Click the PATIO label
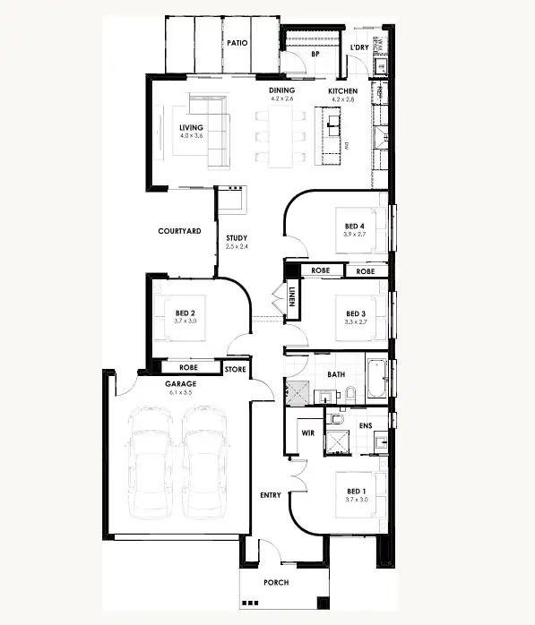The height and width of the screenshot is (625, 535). (x=237, y=42)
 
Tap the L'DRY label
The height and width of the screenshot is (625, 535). (x=358, y=47)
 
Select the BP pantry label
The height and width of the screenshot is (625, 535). (x=315, y=55)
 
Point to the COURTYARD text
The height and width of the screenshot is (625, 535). (x=177, y=231)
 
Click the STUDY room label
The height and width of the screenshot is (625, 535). (x=237, y=238)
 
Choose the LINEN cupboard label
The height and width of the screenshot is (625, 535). (x=292, y=296)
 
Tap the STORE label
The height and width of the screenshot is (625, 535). (x=235, y=368)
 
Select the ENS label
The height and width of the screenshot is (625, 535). (x=366, y=426)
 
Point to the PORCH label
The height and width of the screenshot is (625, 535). (x=276, y=582)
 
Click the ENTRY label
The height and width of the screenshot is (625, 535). (x=271, y=495)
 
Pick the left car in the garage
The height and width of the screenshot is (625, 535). (x=151, y=465)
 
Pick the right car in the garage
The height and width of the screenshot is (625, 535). (x=205, y=465)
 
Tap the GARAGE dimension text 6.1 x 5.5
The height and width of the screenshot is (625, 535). (x=181, y=392)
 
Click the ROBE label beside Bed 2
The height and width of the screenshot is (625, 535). (x=188, y=367)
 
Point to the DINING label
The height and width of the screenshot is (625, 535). (x=282, y=91)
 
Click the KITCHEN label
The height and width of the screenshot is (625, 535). (x=342, y=91)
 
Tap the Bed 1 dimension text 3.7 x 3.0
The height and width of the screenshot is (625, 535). (x=357, y=500)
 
